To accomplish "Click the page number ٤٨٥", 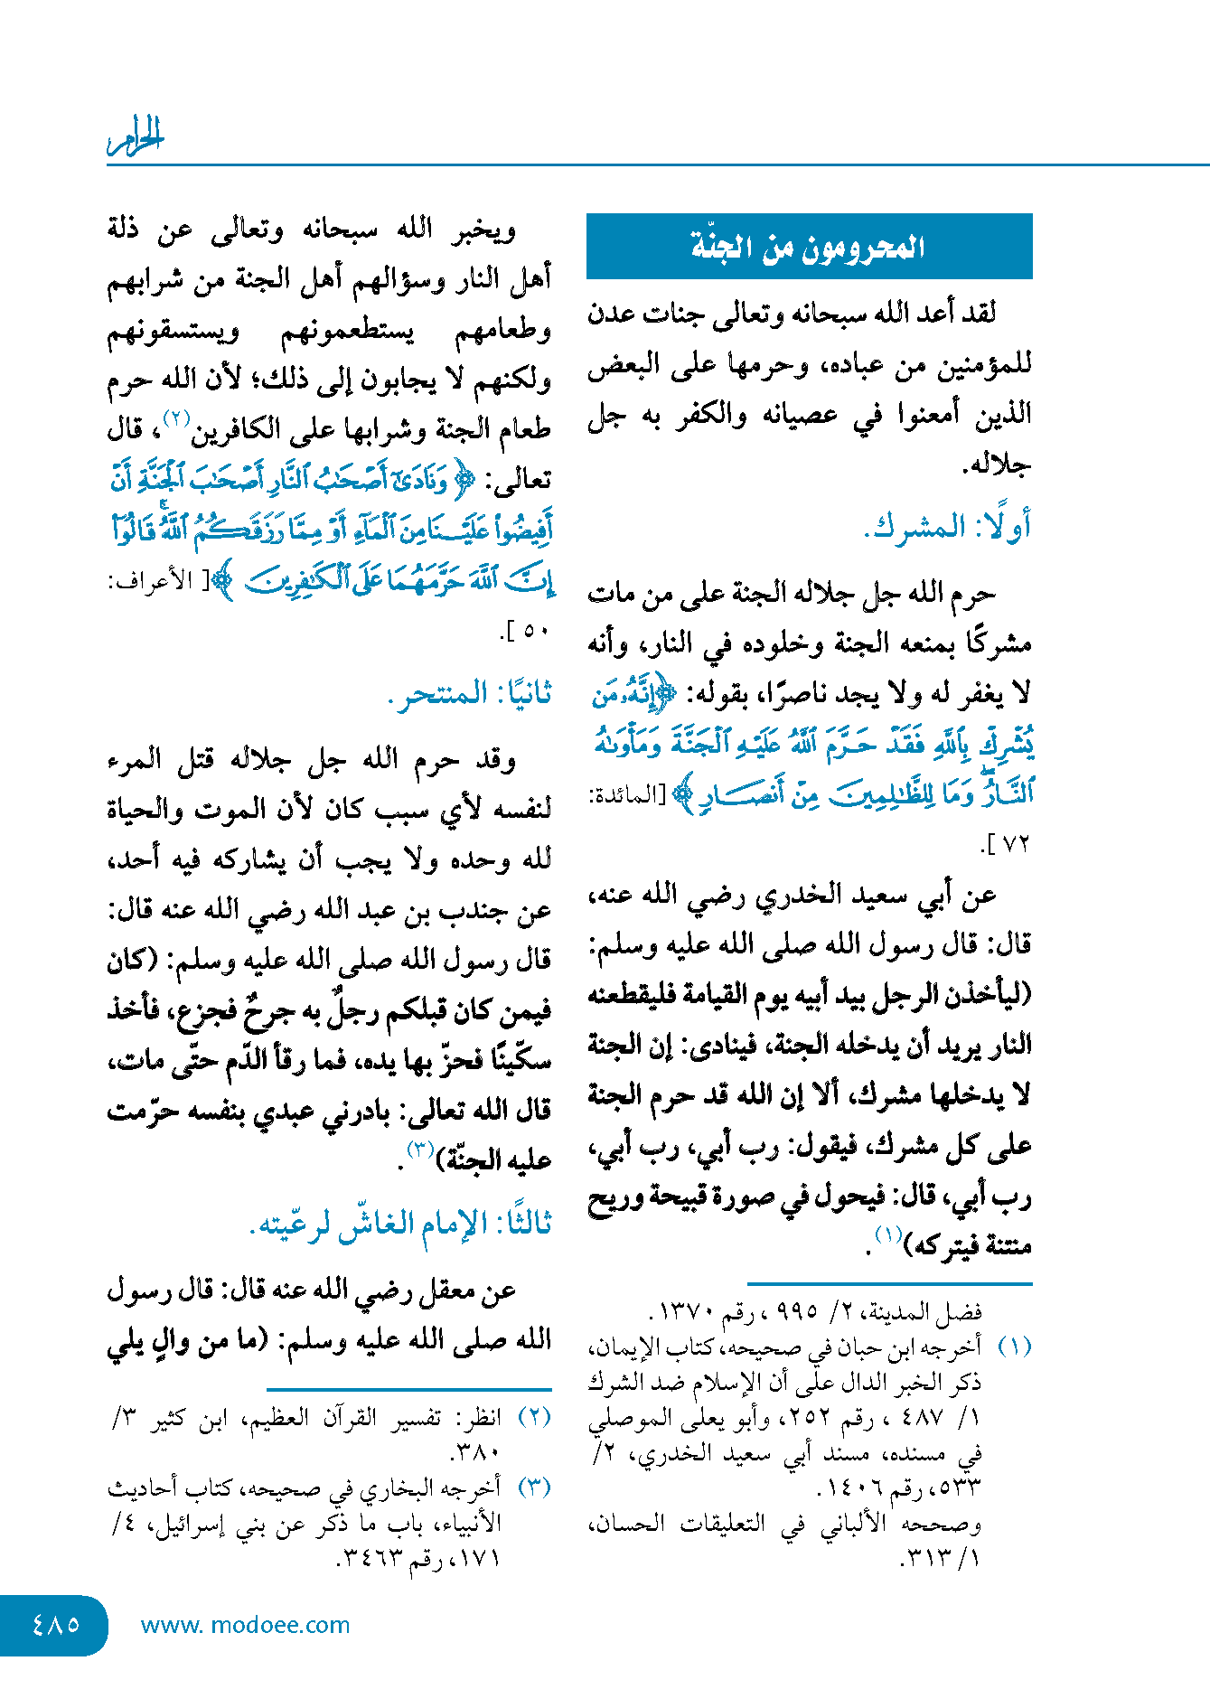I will (55, 1624).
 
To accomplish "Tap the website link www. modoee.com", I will (245, 1625).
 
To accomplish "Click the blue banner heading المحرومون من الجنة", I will (809, 247).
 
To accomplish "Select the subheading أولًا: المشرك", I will (946, 527).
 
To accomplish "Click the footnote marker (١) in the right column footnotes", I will (1014, 1347).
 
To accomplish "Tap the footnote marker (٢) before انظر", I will (534, 1416).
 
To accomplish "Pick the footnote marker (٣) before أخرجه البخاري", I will (534, 1487).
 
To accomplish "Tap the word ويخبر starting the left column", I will (484, 230).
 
